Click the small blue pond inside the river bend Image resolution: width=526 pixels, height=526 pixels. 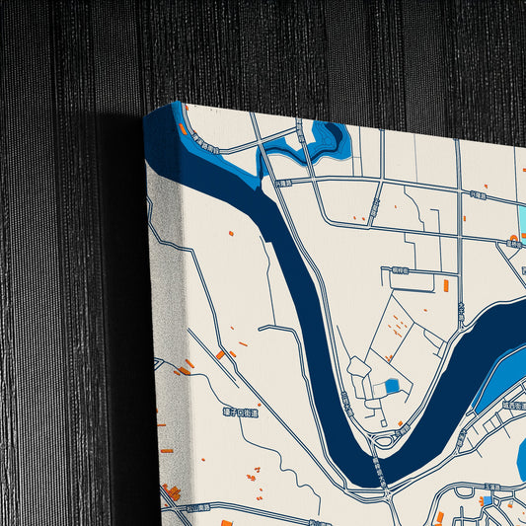[x=392, y=385]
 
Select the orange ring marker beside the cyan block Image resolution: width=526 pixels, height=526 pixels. [x=513, y=240]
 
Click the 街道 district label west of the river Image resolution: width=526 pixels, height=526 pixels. [x=239, y=414]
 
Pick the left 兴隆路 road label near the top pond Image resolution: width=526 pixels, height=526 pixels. [x=284, y=183]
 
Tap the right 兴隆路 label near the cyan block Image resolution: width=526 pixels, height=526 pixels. [x=478, y=194]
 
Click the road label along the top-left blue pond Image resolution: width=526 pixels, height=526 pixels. [x=205, y=145]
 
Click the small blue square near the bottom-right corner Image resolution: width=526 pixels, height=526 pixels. [x=487, y=500]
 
